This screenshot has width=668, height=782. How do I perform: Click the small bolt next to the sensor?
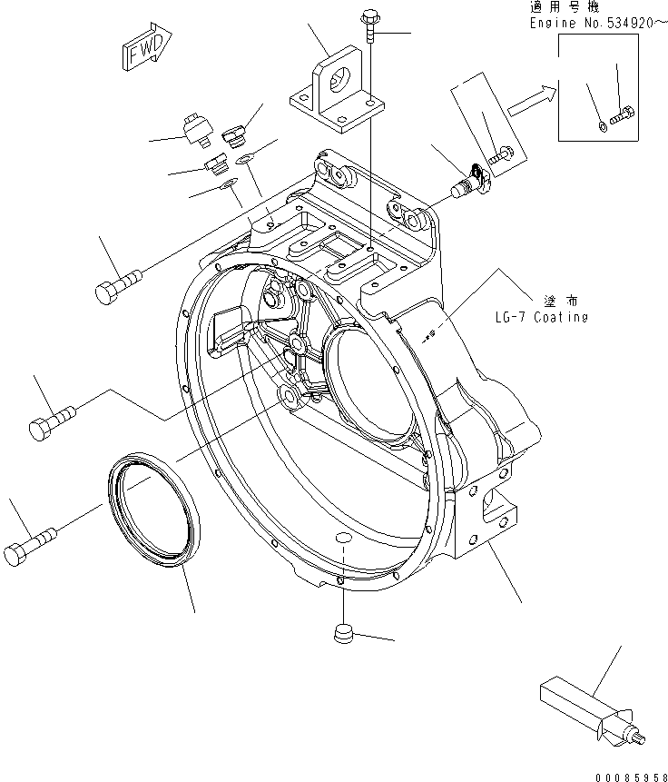[501, 156]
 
